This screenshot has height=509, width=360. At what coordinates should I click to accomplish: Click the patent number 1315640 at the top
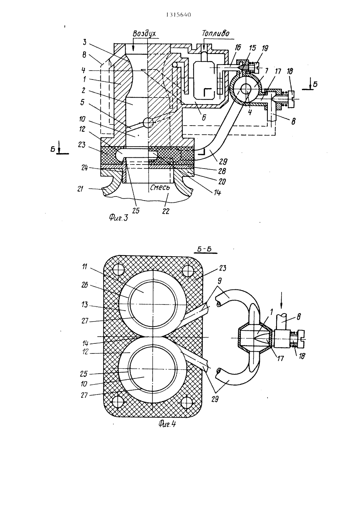[179, 15]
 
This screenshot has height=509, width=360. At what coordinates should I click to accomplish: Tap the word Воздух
[144, 33]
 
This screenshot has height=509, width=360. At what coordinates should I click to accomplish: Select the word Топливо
[216, 33]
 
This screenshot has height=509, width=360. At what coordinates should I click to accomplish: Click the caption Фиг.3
[119, 218]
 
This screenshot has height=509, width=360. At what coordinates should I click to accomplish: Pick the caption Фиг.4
[167, 424]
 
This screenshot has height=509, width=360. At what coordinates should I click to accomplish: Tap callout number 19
[265, 48]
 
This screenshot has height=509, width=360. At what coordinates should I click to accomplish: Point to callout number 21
[80, 189]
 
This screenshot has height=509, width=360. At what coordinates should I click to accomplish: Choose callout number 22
[166, 211]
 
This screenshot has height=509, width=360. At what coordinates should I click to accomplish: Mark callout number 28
[222, 171]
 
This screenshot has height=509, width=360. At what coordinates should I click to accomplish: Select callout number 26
[85, 285]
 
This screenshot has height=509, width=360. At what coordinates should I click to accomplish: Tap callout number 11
[84, 267]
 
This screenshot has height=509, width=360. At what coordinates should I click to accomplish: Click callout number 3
[84, 42]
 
